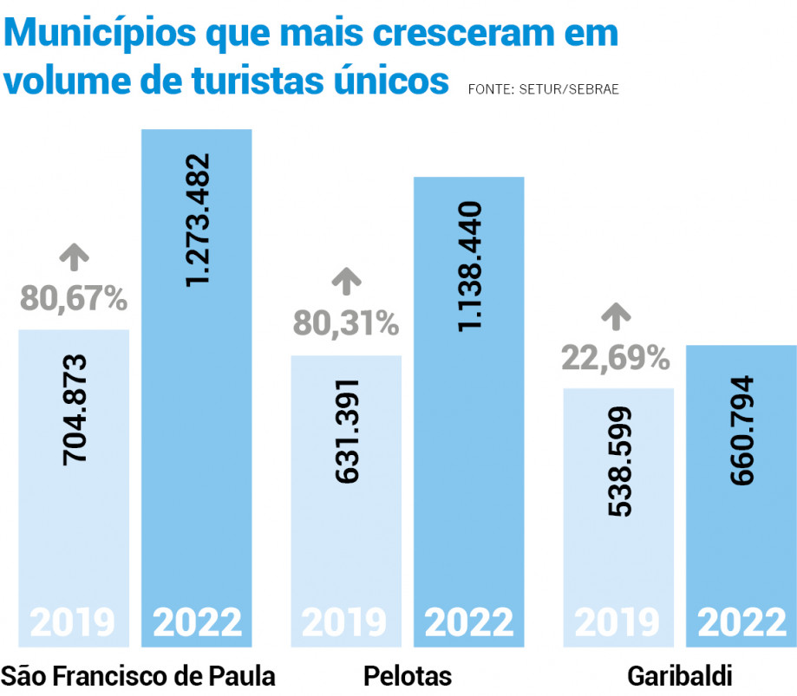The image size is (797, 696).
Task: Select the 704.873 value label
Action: [x=75, y=408]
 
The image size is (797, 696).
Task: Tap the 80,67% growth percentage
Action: [x=74, y=297]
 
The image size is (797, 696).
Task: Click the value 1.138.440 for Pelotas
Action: [x=469, y=265]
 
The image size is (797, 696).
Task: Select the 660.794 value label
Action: [x=741, y=430]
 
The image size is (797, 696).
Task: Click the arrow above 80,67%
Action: [x=74, y=256]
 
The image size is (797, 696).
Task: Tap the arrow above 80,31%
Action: [x=346, y=281]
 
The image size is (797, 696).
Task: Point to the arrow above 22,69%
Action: [x=617, y=315]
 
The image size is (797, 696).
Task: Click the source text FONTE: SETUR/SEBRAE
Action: [x=543, y=89]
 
